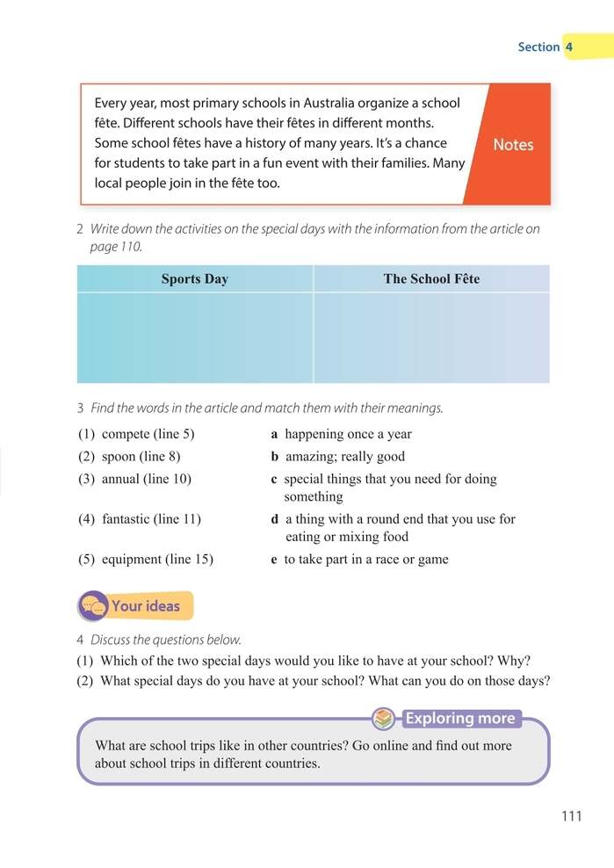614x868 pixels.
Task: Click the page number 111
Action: click(x=571, y=816)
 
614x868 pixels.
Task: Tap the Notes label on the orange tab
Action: click(x=513, y=145)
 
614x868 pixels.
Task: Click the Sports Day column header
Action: click(x=194, y=278)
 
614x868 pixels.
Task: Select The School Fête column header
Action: click(x=431, y=278)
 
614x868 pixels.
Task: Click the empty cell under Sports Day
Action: click(x=194, y=337)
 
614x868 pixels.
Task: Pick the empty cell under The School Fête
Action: click(x=431, y=337)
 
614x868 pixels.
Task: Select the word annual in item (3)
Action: click(x=122, y=479)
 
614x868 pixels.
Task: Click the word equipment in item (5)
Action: click(x=133, y=559)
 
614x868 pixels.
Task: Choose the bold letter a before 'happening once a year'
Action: click(x=275, y=434)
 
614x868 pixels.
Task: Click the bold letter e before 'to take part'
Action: click(x=274, y=559)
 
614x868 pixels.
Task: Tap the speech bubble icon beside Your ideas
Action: click(x=92, y=606)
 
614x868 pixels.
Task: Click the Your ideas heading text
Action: click(x=145, y=605)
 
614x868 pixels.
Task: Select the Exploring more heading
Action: click(x=459, y=719)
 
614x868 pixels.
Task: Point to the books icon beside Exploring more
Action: click(x=383, y=719)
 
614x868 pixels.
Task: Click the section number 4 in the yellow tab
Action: click(x=569, y=47)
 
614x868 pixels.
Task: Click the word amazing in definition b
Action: click(x=310, y=456)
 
